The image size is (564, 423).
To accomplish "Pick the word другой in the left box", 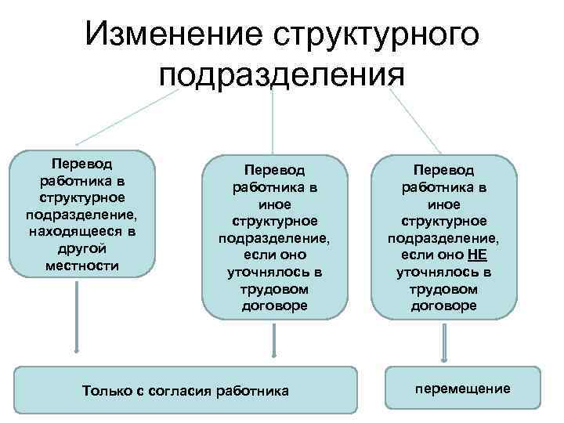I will [82, 249].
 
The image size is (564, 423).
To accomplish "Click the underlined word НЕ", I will [475, 255].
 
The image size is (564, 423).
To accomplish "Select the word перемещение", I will [463, 388].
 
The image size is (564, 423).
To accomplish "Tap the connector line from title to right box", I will [415, 121].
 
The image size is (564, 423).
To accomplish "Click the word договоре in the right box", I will [443, 306].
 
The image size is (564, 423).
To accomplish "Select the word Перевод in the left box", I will [82, 164].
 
